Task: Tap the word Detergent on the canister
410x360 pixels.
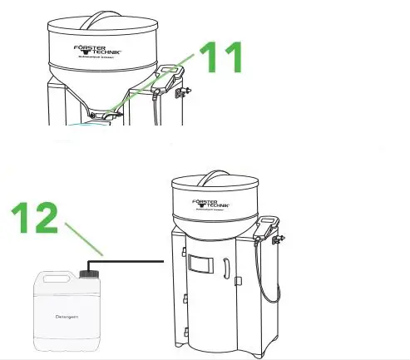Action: click(x=67, y=316)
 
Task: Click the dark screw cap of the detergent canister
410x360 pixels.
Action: click(x=89, y=272)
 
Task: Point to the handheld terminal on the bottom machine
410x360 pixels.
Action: click(x=268, y=224)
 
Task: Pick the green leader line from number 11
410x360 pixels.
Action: click(x=158, y=83)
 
